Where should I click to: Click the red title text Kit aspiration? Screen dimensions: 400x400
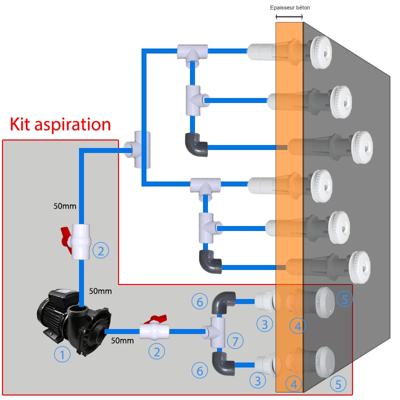[x=60, y=124]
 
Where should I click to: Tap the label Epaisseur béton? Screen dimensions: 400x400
[x=293, y=8]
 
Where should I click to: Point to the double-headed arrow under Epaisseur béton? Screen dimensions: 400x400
[x=289, y=17]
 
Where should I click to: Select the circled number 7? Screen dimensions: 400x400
[x=235, y=341]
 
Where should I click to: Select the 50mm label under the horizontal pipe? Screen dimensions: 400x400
[x=122, y=341]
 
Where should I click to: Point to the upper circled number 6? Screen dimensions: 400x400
[x=199, y=301]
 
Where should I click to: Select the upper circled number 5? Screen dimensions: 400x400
[x=344, y=299]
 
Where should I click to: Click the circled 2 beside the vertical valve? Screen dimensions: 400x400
[x=100, y=250]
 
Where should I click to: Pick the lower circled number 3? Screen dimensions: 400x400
[x=258, y=381]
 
